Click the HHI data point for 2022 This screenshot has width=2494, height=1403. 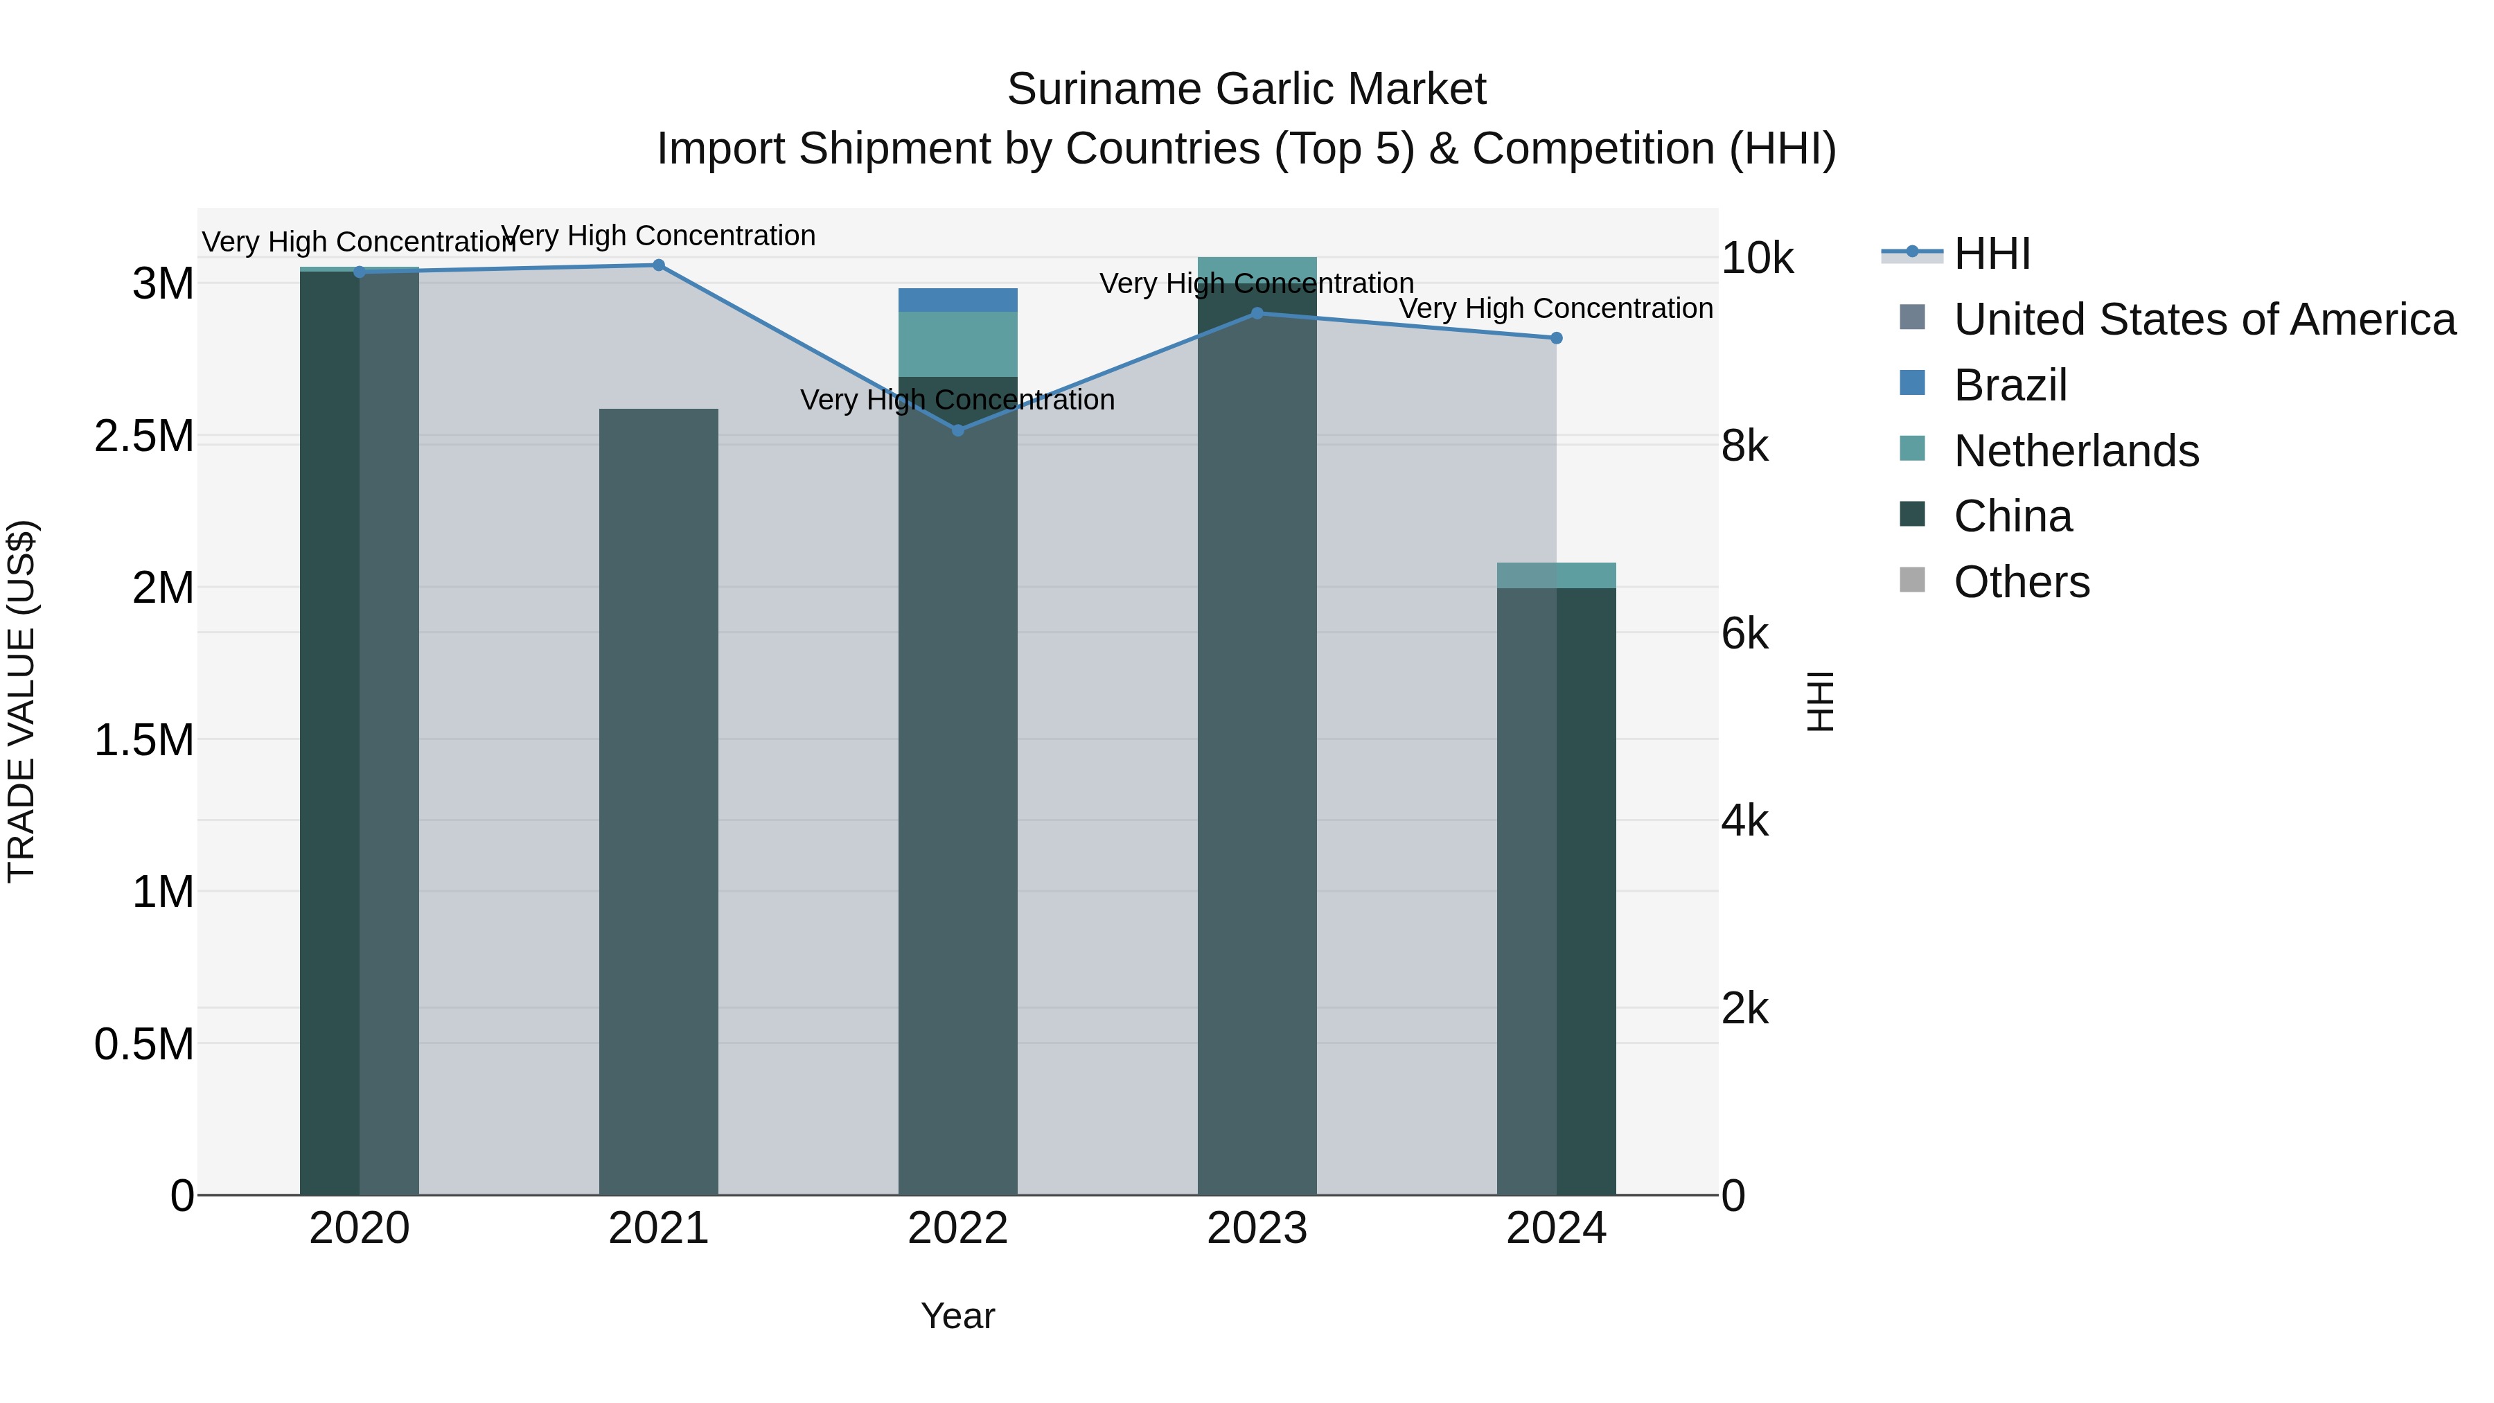point(957,430)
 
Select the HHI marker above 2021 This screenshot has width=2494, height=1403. point(658,265)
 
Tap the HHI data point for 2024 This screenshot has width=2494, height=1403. point(1556,338)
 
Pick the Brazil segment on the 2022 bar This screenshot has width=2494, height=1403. point(957,300)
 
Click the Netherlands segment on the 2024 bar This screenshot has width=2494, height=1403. point(1556,575)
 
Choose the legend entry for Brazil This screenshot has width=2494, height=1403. point(2010,385)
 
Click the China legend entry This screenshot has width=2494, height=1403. point(2012,516)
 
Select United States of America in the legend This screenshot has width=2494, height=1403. point(2204,319)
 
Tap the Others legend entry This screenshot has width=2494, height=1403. point(2021,582)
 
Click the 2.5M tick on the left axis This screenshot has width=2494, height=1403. point(144,436)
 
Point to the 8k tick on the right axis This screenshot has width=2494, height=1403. point(1744,446)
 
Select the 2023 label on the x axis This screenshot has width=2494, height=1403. point(1257,1228)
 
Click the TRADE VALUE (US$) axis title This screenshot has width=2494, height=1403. point(21,701)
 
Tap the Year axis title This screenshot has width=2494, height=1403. point(957,1316)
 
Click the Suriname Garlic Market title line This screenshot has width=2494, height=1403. point(1246,89)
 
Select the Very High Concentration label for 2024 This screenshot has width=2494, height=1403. point(1556,308)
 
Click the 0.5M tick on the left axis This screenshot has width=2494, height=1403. point(144,1045)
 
